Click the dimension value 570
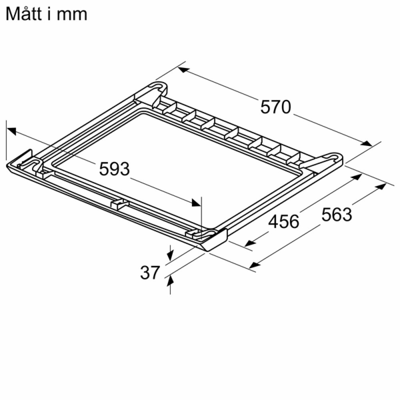pos(276,107)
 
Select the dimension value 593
pos(114,169)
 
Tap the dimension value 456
pos(283,221)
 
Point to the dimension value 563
pos(337,215)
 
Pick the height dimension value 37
pos(150,273)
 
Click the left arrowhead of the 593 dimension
pos(12,130)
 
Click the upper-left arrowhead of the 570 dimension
pos(183,70)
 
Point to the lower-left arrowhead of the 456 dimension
pos(250,243)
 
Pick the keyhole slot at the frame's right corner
pos(333,157)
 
